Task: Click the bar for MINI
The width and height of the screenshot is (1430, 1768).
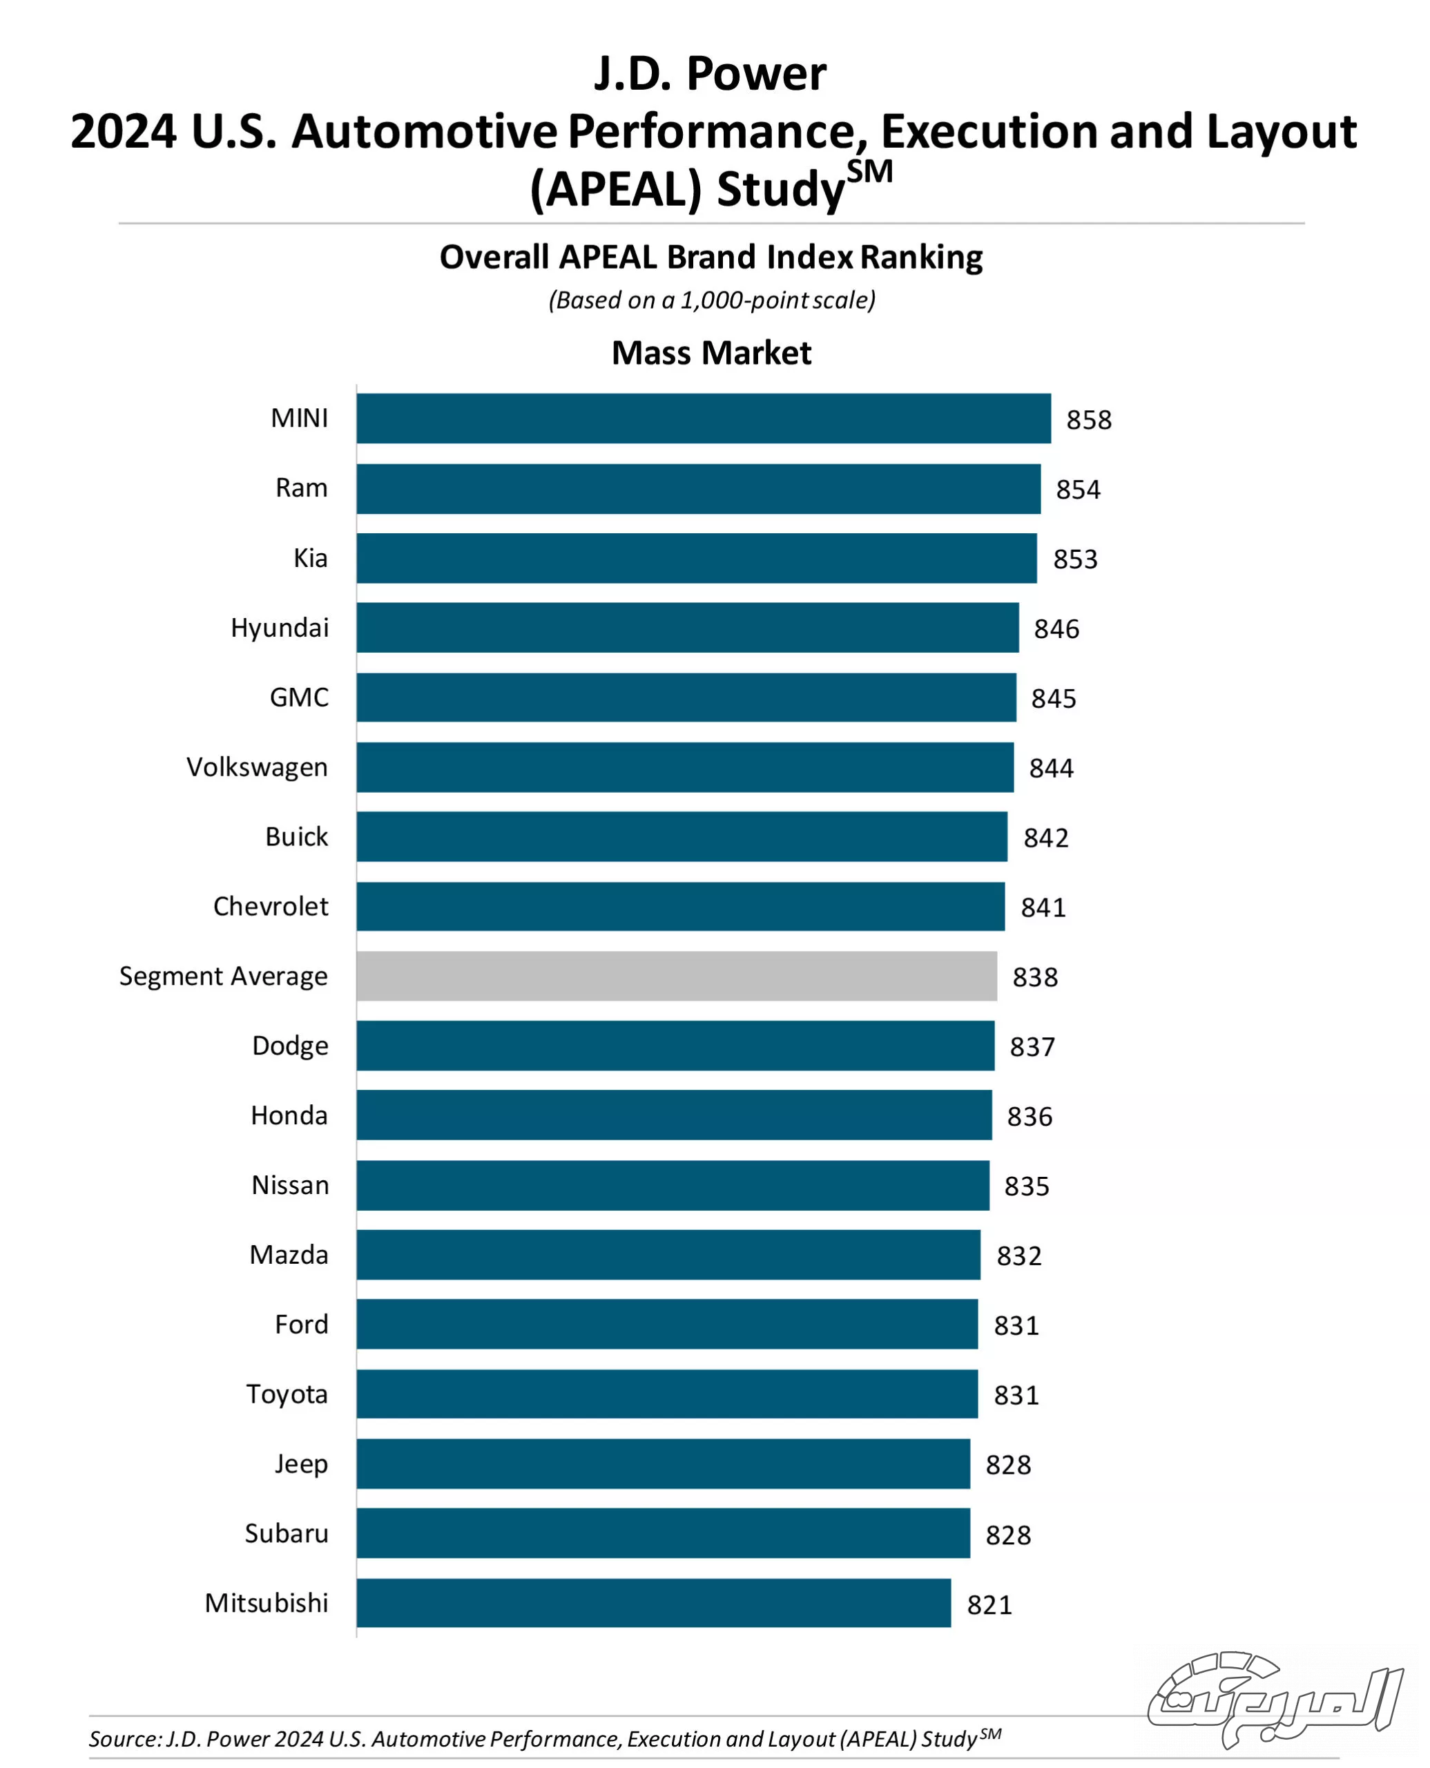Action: pyautogui.click(x=704, y=419)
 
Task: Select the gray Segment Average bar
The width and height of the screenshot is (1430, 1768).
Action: pyautogui.click(x=676, y=977)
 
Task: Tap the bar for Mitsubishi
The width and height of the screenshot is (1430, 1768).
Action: pyautogui.click(x=653, y=1603)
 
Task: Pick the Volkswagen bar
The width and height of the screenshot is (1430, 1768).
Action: pyautogui.click(x=684, y=767)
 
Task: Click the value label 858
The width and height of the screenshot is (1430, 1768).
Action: pyautogui.click(x=1088, y=420)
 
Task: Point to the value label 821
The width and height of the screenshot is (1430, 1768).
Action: pyautogui.click(x=989, y=1605)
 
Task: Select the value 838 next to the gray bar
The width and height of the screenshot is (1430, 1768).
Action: pyautogui.click(x=1034, y=978)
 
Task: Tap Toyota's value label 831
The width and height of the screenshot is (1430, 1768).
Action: pyautogui.click(x=1016, y=1396)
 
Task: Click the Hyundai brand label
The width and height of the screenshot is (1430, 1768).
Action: pyautogui.click(x=279, y=628)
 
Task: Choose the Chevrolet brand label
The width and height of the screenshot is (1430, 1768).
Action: pyautogui.click(x=270, y=906)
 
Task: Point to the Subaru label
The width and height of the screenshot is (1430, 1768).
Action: pyautogui.click(x=286, y=1533)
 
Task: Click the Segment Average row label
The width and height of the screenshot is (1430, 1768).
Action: pyautogui.click(x=223, y=977)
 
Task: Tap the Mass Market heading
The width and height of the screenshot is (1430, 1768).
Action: pyautogui.click(x=711, y=353)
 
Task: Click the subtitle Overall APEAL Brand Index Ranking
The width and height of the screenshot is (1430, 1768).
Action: pyautogui.click(x=711, y=257)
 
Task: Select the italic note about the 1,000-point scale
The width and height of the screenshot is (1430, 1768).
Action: pyautogui.click(x=711, y=300)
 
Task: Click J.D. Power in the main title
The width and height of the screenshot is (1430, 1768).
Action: pyautogui.click(x=709, y=74)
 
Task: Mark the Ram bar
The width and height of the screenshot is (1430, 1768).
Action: pyautogui.click(x=697, y=488)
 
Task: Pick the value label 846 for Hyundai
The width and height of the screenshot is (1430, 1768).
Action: pyautogui.click(x=1056, y=629)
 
